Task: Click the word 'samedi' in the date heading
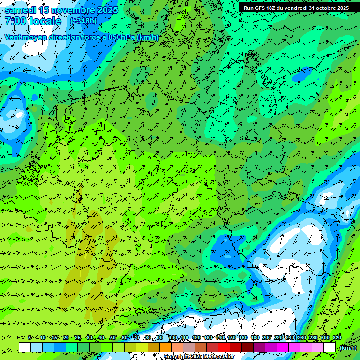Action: click(20, 10)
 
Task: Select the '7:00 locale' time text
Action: click(33, 22)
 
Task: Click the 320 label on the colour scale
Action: click(337, 337)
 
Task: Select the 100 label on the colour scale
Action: click(173, 337)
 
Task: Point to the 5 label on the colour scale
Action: click(30, 337)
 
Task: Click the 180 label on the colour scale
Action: click(255, 337)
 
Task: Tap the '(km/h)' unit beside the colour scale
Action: click(348, 348)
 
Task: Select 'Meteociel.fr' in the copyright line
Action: click(219, 357)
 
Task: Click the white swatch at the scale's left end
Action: click(25, 347)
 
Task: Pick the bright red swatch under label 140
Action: click(224, 347)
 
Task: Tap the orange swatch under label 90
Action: click(165, 347)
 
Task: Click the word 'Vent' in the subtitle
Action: click(13, 37)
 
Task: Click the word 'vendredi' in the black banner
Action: click(295, 8)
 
